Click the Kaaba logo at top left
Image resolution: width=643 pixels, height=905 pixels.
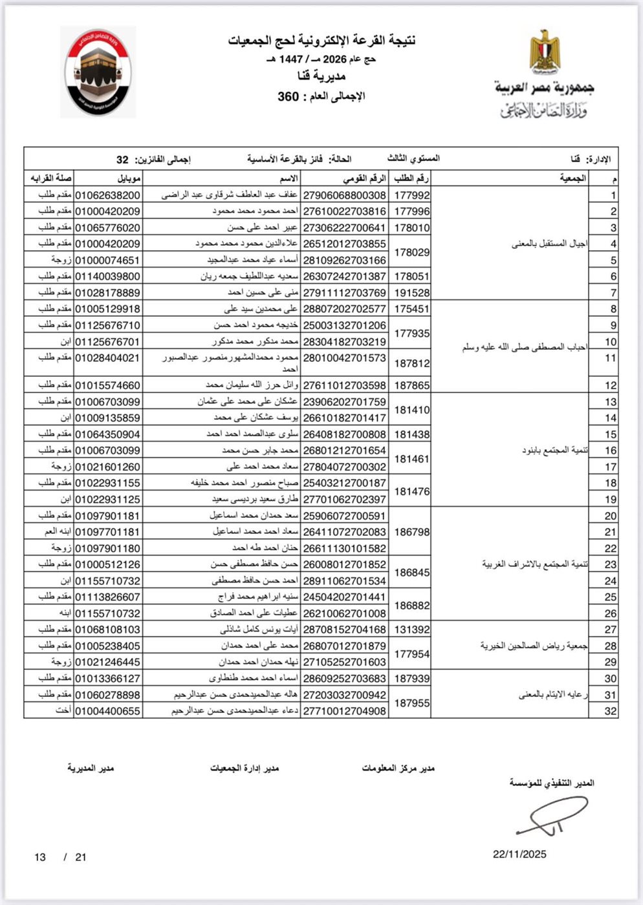(x=98, y=72)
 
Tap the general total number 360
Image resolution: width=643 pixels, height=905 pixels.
(x=288, y=97)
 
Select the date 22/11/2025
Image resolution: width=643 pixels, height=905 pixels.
(x=519, y=854)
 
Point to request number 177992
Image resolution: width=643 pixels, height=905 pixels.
(x=412, y=195)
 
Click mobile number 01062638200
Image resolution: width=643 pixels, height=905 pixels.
(x=108, y=195)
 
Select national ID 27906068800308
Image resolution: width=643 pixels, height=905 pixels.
(x=344, y=195)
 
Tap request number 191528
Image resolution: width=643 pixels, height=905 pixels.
(x=412, y=292)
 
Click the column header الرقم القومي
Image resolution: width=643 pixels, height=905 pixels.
(x=364, y=178)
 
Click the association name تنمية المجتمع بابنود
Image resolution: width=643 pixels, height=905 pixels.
(x=555, y=450)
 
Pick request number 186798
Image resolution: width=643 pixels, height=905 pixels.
(x=412, y=531)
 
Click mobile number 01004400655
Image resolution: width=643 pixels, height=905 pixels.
(x=108, y=711)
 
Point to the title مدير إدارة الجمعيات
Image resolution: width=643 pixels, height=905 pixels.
(x=245, y=768)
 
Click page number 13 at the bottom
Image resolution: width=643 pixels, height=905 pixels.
(x=40, y=857)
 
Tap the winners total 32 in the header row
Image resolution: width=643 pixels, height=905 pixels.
(x=122, y=159)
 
